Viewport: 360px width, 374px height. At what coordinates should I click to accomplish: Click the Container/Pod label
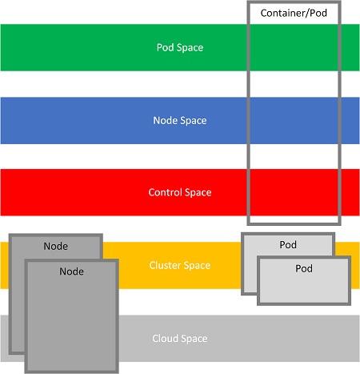tap(294, 13)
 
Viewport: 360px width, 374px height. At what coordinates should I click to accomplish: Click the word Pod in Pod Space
tap(165, 47)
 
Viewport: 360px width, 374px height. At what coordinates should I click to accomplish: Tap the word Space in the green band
tap(190, 48)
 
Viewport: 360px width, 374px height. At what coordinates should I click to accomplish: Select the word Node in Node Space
tap(163, 120)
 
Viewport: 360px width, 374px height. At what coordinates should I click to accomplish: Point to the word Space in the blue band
tap(194, 121)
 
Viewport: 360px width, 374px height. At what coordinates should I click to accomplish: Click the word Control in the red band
tap(165, 192)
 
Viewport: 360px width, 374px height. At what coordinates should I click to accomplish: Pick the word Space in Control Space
tap(198, 193)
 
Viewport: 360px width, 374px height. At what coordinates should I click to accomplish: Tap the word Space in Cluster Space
tap(197, 266)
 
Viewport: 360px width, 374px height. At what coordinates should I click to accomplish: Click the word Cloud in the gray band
tap(164, 339)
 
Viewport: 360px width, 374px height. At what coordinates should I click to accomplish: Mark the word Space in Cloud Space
tap(194, 339)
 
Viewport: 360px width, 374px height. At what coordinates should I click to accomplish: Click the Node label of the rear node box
tap(56, 246)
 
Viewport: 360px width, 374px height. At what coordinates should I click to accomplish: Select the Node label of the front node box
tap(71, 271)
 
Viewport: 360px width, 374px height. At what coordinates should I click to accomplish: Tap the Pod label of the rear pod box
tap(288, 245)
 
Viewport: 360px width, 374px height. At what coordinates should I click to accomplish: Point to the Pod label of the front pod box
tap(304, 268)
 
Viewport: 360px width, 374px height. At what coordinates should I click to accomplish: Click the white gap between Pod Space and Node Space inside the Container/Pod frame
tap(294, 84)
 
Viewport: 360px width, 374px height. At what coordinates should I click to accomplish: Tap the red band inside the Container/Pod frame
tap(294, 192)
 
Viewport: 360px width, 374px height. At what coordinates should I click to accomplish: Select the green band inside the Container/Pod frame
tap(294, 47)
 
